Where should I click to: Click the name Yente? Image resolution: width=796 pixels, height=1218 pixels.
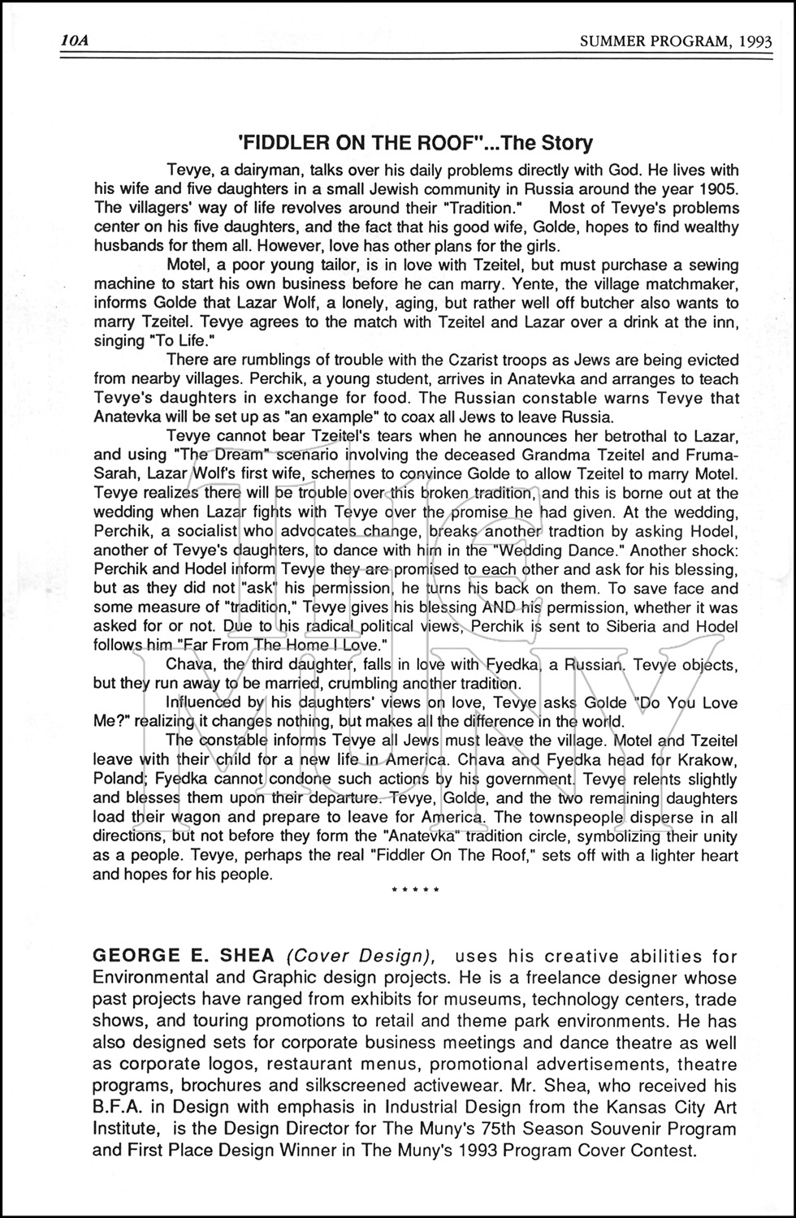tap(552, 284)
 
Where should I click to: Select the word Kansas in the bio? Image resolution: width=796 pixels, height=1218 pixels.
tap(565, 1107)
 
